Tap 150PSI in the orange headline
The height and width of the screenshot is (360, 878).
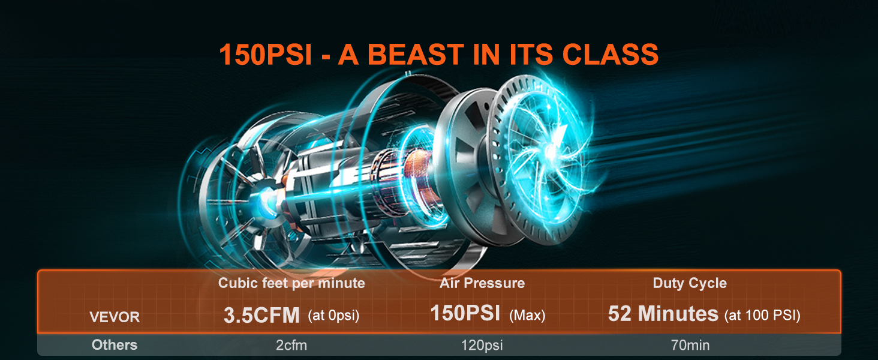pos(265,54)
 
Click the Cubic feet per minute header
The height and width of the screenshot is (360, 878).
pos(291,283)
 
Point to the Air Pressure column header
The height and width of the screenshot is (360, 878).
pos(482,283)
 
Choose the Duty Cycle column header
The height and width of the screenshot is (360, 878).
pos(690,283)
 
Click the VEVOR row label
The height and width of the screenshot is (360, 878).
pos(115,317)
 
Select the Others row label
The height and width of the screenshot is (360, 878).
pos(115,345)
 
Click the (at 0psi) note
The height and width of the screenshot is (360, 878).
pos(333,316)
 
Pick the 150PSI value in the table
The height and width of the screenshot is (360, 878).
pos(465,314)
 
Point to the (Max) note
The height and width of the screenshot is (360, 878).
pos(527,316)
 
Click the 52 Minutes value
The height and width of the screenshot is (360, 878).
pos(663,314)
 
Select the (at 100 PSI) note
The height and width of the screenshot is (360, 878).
pos(762,316)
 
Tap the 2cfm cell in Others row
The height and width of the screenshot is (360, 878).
pos(291,346)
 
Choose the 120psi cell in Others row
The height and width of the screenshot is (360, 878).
pos(482,346)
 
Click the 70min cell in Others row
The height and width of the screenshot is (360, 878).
pos(690,346)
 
